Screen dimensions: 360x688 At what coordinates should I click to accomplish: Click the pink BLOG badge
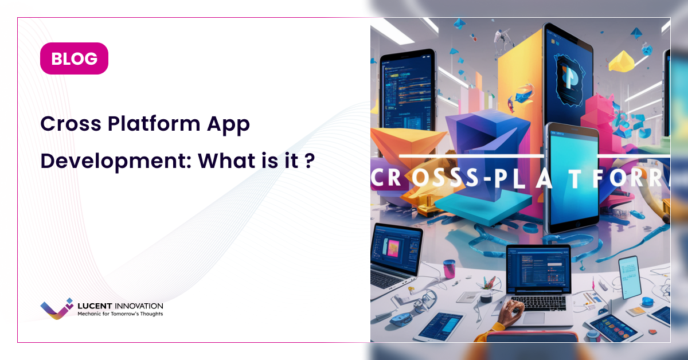(74, 58)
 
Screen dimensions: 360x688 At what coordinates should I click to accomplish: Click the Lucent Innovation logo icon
(57, 308)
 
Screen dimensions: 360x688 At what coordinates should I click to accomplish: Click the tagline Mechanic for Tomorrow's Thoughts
(120, 314)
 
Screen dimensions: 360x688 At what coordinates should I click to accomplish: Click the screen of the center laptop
(538, 269)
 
